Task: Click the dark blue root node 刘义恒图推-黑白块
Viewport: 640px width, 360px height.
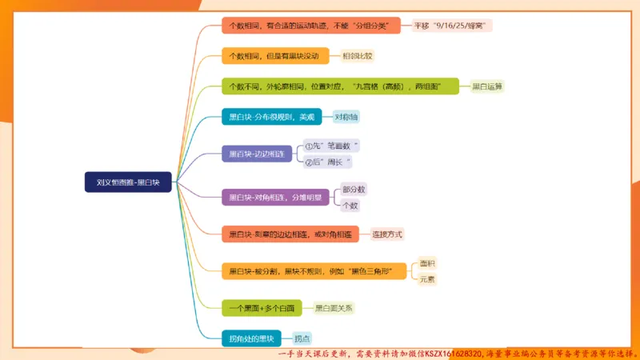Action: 129,182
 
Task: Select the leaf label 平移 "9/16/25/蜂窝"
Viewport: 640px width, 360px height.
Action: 452,26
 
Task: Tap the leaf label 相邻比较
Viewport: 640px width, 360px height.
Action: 358,56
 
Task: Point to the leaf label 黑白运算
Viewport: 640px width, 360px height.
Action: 487,86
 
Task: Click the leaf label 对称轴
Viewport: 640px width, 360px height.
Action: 347,117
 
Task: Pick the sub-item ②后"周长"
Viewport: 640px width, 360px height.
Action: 328,162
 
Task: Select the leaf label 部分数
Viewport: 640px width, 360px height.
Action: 353,190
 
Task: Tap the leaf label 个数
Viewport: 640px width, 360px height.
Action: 350,206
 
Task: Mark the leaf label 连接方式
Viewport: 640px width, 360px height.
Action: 387,234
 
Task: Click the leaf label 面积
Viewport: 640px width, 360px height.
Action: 428,262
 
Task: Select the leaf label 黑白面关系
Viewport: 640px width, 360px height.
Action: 334,307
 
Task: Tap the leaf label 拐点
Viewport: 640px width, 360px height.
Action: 302,338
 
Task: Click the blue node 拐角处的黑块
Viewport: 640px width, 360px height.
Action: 250,338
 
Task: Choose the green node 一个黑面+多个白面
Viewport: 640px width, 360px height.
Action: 262,307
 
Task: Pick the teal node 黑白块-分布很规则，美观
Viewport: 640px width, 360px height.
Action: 271,117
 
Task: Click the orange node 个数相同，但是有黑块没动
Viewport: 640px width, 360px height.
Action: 274,56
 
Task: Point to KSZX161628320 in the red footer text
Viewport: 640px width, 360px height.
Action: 444,353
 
